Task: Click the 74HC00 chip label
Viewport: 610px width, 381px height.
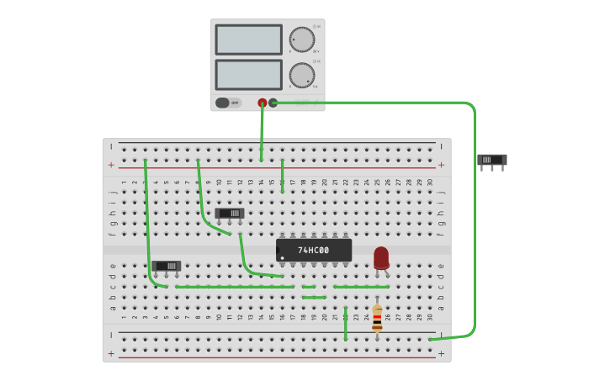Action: (314, 250)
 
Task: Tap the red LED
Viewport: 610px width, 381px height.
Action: (381, 257)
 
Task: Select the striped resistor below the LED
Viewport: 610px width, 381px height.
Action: (377, 318)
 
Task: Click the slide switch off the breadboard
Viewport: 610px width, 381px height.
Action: (491, 160)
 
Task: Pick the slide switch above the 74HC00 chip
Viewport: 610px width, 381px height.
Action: (229, 214)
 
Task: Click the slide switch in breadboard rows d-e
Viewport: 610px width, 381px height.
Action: (167, 266)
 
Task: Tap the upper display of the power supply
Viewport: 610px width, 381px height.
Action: (248, 40)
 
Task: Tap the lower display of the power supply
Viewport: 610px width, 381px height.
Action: (248, 74)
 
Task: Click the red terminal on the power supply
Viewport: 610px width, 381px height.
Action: (263, 103)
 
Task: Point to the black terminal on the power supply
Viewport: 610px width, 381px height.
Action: (273, 103)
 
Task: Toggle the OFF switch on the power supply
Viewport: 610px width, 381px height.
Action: (223, 103)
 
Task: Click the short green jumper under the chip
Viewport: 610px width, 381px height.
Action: (314, 297)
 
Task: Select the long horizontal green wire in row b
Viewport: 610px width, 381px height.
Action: (236, 287)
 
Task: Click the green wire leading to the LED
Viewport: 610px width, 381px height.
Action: (362, 287)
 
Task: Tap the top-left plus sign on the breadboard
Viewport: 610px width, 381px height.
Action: (111, 165)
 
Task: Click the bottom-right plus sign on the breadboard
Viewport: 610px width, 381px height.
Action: (441, 353)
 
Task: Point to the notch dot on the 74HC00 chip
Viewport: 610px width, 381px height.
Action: (282, 257)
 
